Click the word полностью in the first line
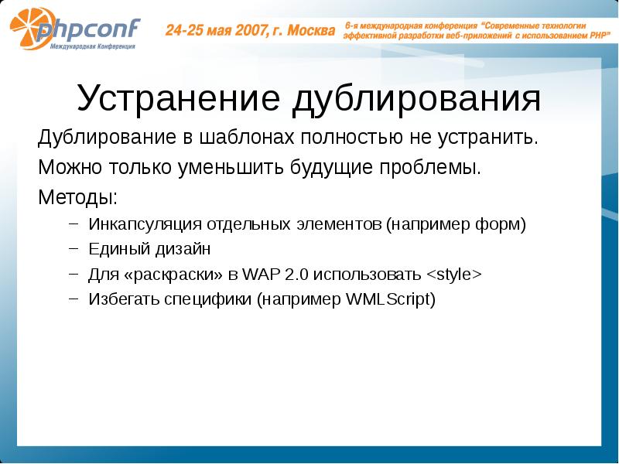pos(349,139)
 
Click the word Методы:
pos(78,195)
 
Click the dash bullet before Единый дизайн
pos(74,250)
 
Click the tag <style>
pos(453,275)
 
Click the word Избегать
pos(121,299)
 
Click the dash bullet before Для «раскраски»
pos(74,275)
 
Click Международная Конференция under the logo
pos(94,47)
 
